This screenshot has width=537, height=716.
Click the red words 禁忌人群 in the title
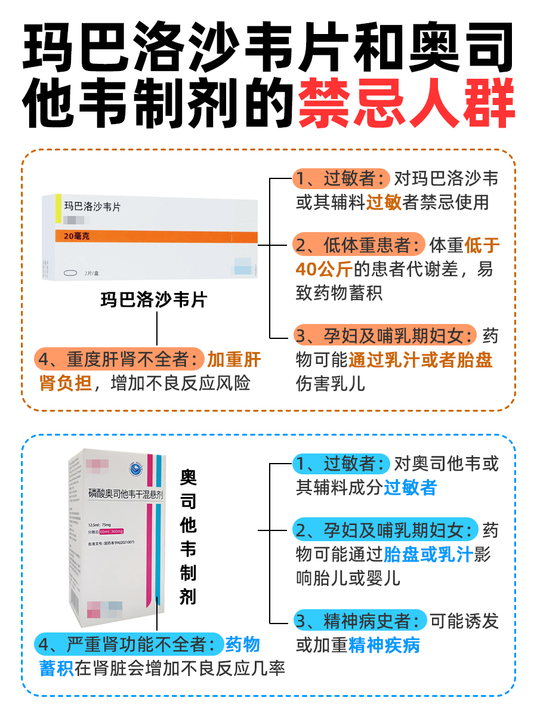[x=406, y=106]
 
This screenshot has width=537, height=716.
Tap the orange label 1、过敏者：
[x=341, y=178]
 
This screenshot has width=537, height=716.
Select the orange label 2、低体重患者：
[x=359, y=245]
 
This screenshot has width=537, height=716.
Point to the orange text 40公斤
[x=323, y=269]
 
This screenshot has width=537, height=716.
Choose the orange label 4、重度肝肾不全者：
[x=119, y=360]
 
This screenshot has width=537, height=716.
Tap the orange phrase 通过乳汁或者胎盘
[x=421, y=360]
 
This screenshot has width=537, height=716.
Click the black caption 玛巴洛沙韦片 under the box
[x=153, y=300]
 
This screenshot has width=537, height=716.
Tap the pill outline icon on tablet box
[x=71, y=273]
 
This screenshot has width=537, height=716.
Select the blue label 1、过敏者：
[x=341, y=464]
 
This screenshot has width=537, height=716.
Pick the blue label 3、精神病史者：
[x=360, y=621]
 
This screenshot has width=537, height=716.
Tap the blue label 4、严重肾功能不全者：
[x=128, y=644]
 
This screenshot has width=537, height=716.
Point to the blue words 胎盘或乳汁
[x=428, y=554]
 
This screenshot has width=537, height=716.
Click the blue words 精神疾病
[x=385, y=645]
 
